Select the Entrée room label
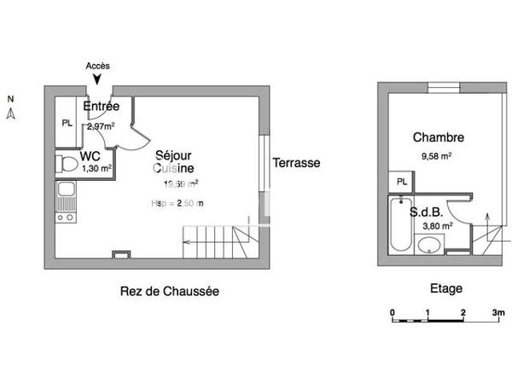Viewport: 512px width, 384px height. (101, 106)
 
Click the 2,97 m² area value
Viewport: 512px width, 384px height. (101, 125)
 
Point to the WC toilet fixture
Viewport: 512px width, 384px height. (64, 164)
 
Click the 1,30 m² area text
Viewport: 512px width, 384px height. (96, 169)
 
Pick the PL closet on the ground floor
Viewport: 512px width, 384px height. (67, 122)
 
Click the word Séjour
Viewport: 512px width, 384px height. (173, 155)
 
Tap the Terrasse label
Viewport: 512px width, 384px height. (296, 162)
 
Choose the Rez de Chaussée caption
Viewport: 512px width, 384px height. (169, 291)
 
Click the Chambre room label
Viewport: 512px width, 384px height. (438, 137)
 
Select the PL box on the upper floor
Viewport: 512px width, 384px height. (399, 182)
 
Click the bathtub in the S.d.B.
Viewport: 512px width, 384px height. (399, 225)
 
